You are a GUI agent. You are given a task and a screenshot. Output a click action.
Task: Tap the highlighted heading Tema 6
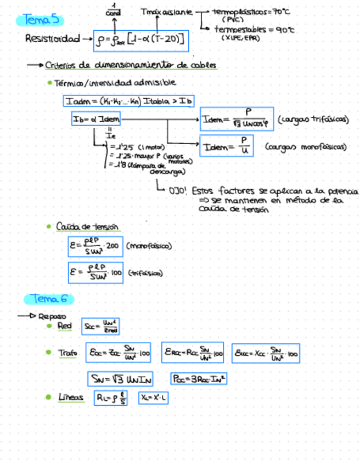pyautogui.click(x=49, y=299)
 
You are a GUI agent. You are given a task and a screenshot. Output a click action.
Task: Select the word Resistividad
pyautogui.click(x=52, y=39)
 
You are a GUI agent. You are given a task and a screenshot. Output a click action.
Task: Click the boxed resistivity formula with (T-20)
pyautogui.click(x=141, y=39)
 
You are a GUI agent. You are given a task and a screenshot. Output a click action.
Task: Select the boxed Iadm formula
pyautogui.click(x=129, y=101)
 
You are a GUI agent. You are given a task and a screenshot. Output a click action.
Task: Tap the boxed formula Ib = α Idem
pyautogui.click(x=96, y=119)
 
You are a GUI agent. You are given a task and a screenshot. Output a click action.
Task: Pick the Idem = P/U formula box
pyautogui.click(x=226, y=147)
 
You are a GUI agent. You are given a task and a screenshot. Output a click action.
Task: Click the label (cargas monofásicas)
pyautogui.click(x=306, y=147)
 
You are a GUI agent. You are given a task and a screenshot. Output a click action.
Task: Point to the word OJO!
pyautogui.click(x=179, y=192)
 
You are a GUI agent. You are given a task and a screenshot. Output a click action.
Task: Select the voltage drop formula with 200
pyautogui.click(x=95, y=247)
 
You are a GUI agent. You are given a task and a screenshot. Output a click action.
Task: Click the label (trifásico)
pyautogui.click(x=145, y=273)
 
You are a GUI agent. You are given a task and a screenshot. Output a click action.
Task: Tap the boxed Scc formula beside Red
pyautogui.click(x=100, y=326)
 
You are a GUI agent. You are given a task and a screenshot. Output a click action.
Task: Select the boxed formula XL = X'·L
pyautogui.click(x=153, y=398)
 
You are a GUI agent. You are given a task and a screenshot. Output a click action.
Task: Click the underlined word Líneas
pyautogui.click(x=71, y=398)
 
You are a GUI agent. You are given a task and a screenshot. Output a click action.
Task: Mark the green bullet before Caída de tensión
pyautogui.click(x=49, y=226)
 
